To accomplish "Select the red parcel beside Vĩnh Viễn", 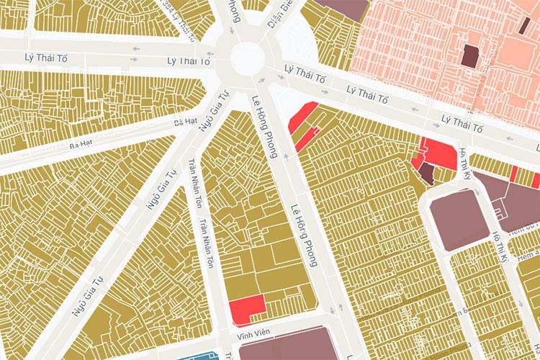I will click(x=246, y=309).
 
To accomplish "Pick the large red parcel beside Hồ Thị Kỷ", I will click(x=440, y=152).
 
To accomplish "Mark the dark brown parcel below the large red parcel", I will click(x=427, y=172).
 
